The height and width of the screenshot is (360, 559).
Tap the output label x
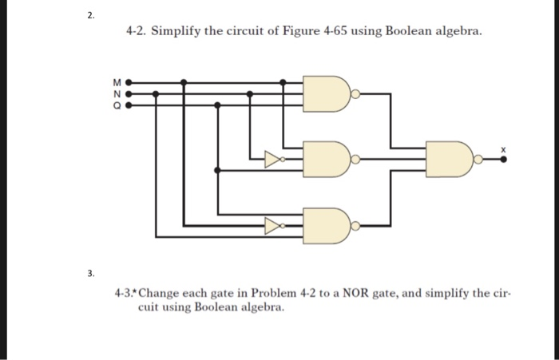point(503,148)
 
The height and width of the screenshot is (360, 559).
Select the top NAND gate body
point(327,93)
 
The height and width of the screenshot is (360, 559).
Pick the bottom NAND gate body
point(327,226)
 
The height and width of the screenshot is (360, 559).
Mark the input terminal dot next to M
point(127,81)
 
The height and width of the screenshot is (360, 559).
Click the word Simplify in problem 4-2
point(180,31)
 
